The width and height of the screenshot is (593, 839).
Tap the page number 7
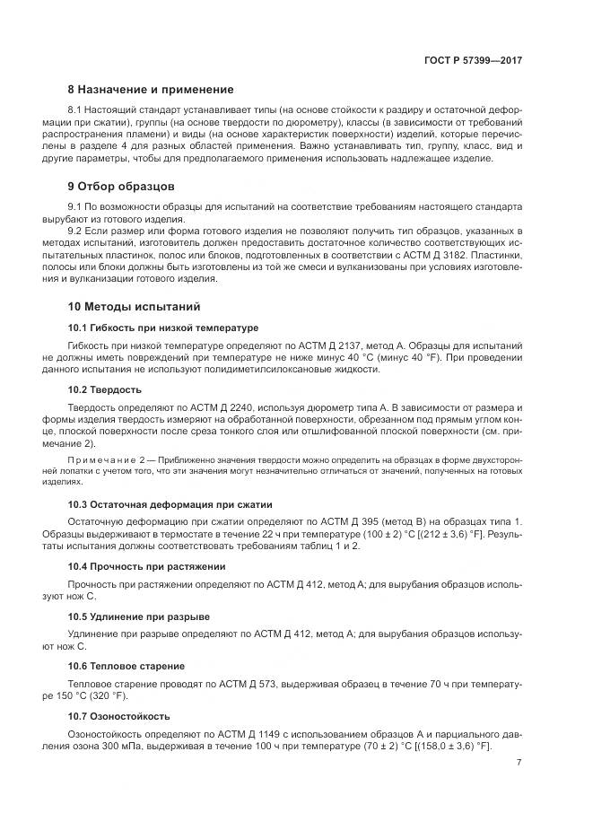[x=519, y=764]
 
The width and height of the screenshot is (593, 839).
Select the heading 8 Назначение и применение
[x=151, y=90]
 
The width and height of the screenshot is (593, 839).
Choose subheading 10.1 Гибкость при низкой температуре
[x=163, y=328]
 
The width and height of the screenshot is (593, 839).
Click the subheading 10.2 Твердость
[x=105, y=389]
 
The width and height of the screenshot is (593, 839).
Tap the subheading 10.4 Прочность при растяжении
[x=147, y=566]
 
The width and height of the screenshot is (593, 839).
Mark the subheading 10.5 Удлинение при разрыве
[x=139, y=616]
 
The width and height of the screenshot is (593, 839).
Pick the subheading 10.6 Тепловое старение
[x=126, y=666]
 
